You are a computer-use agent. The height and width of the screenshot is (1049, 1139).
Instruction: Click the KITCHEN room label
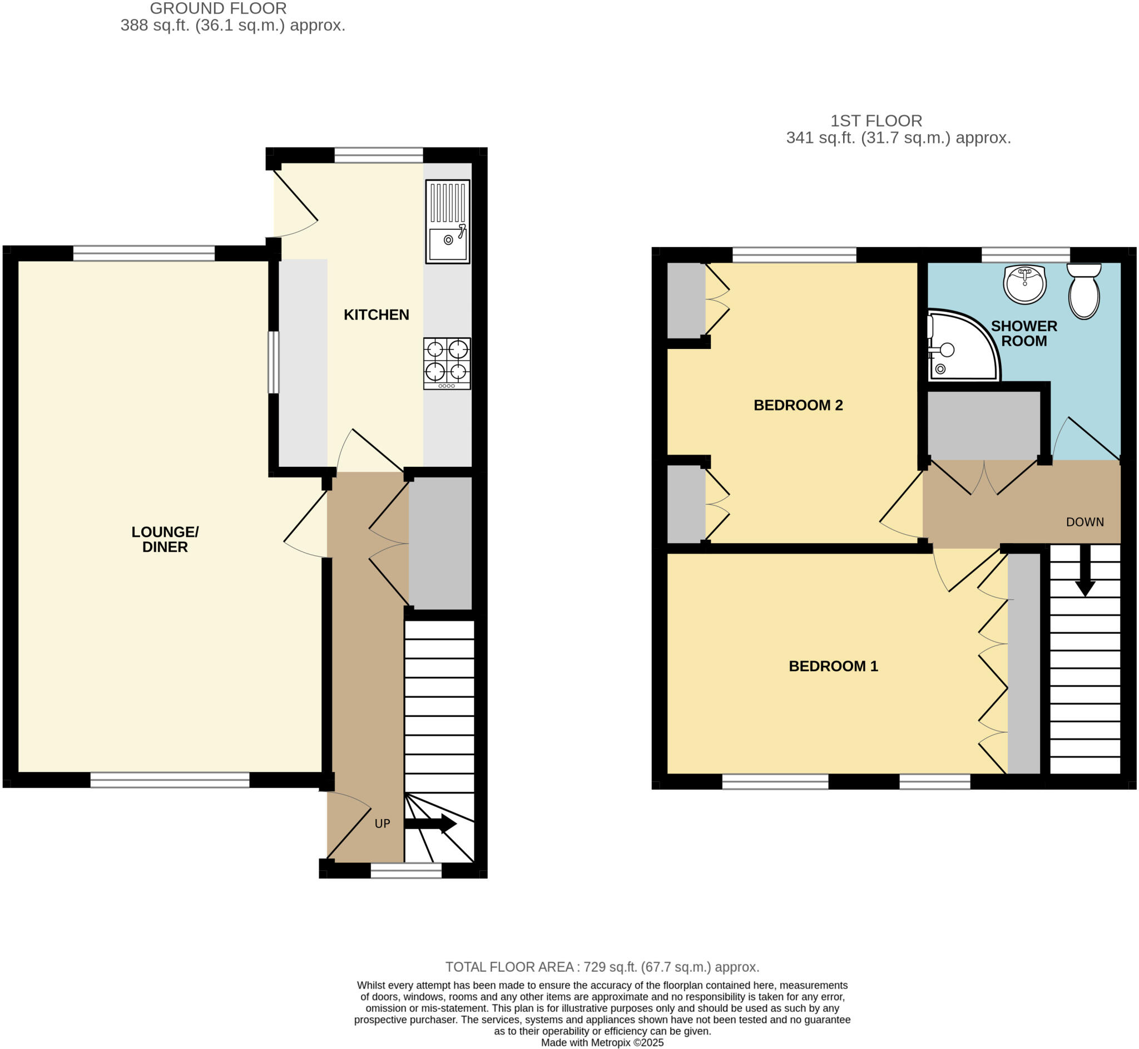[x=376, y=314]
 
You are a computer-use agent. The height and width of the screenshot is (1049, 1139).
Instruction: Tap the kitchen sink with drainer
[x=448, y=221]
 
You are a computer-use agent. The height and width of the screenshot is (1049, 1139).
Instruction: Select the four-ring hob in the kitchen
[x=447, y=363]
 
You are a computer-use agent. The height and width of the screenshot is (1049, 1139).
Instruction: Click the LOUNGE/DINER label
[x=165, y=539]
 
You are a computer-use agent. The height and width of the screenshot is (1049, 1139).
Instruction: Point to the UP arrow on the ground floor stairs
[x=430, y=824]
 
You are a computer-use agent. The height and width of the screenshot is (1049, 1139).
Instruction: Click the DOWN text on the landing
[x=1084, y=522]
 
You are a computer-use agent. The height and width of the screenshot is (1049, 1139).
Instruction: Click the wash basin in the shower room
[x=1024, y=284]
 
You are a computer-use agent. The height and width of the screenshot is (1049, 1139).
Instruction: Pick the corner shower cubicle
[x=959, y=347]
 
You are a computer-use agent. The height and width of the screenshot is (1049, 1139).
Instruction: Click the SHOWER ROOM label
[x=1024, y=333]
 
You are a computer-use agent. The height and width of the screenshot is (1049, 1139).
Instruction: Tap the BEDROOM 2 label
[x=798, y=405]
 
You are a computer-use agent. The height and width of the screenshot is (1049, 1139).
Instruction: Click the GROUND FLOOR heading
[x=219, y=8]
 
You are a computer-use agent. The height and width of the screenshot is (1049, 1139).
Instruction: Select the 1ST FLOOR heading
[x=876, y=121]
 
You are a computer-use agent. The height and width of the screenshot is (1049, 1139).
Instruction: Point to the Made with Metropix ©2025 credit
[x=602, y=1042]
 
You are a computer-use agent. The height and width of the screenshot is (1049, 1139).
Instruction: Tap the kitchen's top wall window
[x=378, y=155]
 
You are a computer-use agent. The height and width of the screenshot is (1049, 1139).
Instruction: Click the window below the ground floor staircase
[x=406, y=871]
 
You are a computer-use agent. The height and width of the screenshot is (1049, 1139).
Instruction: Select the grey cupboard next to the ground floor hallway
[x=440, y=543]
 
